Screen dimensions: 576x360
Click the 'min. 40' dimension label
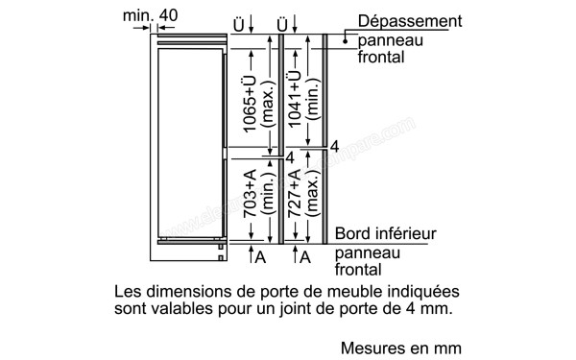click(x=152, y=15)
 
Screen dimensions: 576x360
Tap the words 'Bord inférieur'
click(x=385, y=234)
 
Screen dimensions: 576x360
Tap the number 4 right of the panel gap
click(x=334, y=147)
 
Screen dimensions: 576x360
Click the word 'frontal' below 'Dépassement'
click(x=378, y=57)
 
